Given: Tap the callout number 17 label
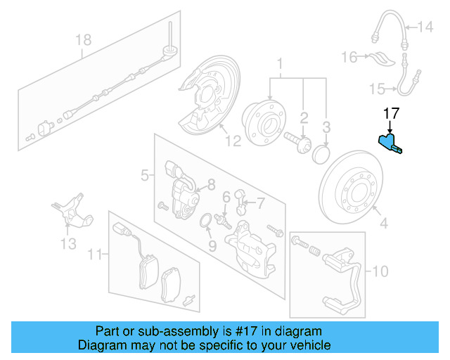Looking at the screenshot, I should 390,112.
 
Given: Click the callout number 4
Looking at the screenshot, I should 383,225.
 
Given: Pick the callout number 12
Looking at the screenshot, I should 232,141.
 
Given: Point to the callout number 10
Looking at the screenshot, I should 380,270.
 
